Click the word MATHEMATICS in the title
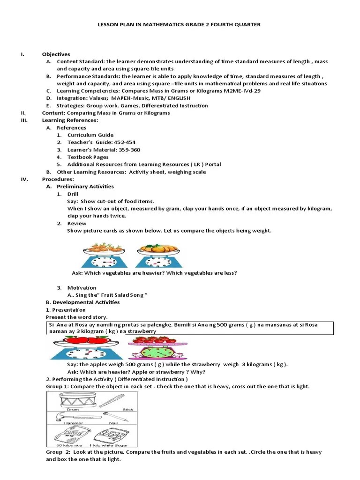pos(167,24)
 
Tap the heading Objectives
pos(56,54)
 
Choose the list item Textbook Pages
pos(88,157)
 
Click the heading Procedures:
pos(58,179)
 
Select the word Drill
pos(73,194)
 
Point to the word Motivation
pos(82,288)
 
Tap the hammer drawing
pos(67,416)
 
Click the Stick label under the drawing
pos(127,409)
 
